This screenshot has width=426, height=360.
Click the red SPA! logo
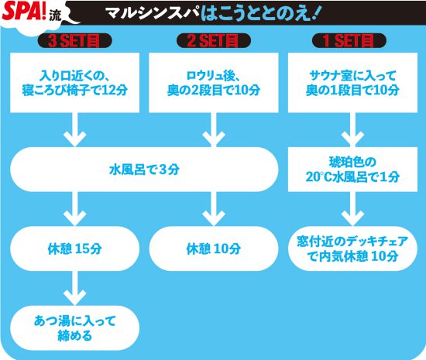coord(24,11)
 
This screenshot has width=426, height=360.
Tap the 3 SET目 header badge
coord(74,41)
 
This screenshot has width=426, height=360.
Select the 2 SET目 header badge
coord(214,41)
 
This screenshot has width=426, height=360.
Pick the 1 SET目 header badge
coord(349,41)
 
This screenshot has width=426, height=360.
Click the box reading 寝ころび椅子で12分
coord(74,83)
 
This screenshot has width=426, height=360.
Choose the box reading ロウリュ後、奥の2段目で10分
coord(214,83)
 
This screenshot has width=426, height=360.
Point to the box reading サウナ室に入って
coord(352,83)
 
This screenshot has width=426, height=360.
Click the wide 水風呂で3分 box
coord(144,170)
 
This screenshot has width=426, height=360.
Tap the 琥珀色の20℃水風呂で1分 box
coord(352,170)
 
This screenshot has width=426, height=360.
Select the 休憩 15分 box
coord(74,249)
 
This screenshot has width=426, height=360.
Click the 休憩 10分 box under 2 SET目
coord(214,249)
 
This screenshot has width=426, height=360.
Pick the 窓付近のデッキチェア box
coord(352,249)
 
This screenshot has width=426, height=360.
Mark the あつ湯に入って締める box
coord(74,327)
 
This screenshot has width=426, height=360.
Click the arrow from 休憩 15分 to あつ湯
coord(74,288)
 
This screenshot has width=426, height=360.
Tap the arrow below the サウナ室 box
coord(352,130)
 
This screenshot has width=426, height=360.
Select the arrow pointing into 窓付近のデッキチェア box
coord(352,209)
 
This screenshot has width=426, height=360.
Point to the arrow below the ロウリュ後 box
coord(214,130)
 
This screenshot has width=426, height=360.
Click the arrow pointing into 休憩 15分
coord(74,209)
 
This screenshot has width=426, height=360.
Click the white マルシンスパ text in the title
coord(152,12)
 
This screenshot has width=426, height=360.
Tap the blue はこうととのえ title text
coord(259,13)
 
